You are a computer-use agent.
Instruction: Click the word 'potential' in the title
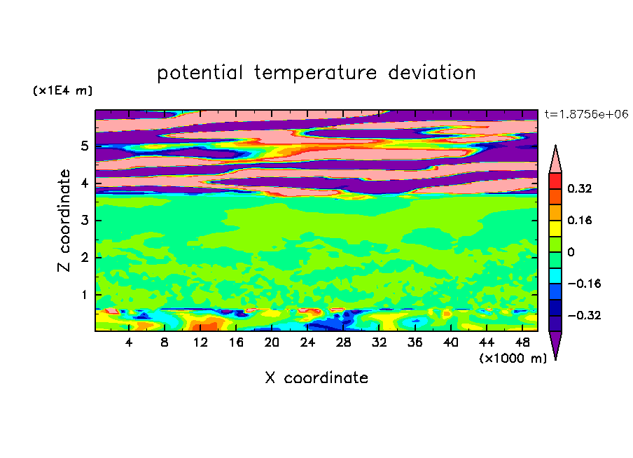(200, 74)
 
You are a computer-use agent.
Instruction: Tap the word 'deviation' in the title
(432, 73)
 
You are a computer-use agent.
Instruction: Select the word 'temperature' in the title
(315, 74)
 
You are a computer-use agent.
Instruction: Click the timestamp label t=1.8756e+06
(586, 114)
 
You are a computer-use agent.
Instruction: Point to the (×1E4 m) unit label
(62, 90)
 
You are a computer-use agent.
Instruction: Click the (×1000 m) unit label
(513, 359)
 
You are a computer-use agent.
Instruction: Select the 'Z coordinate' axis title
(64, 221)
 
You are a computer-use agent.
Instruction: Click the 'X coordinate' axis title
(316, 377)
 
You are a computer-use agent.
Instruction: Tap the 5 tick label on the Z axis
(84, 146)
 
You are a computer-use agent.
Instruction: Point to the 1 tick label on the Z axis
(84, 295)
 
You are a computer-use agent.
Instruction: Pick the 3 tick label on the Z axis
(84, 221)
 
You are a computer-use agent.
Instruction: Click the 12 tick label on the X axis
(200, 342)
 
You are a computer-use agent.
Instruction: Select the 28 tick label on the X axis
(343, 342)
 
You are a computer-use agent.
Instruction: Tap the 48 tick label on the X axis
(522, 342)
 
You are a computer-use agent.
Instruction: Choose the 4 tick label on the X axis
(129, 342)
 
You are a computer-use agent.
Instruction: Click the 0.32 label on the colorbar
(579, 188)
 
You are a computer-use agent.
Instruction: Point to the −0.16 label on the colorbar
(584, 284)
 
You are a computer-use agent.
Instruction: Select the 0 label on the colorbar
(571, 252)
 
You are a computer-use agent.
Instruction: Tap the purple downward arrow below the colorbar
(555, 343)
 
